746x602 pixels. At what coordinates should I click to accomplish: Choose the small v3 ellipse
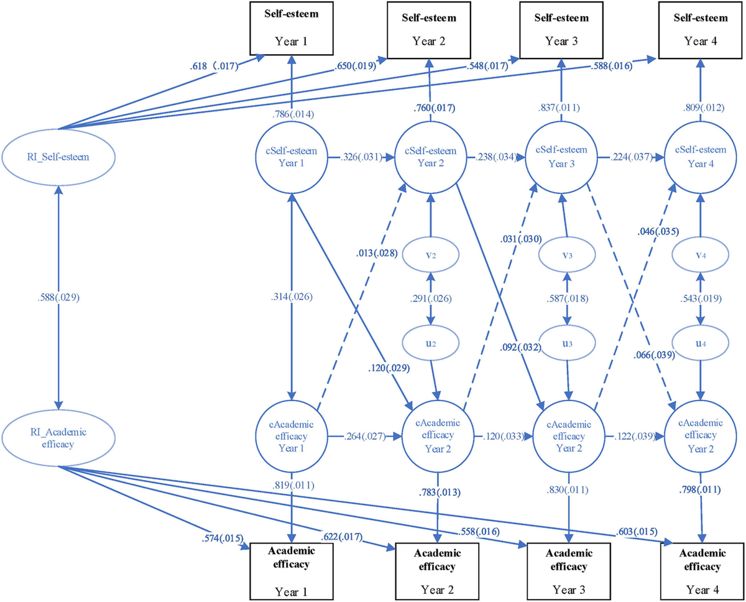(566, 255)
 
